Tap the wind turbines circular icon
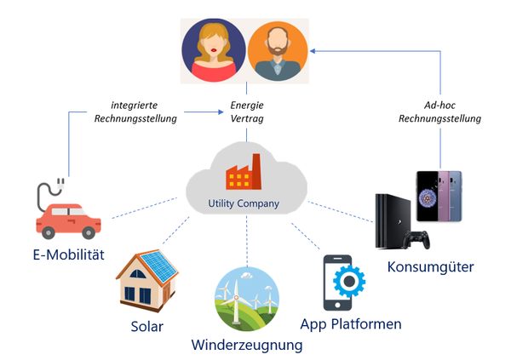(247, 299)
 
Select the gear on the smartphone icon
(351, 282)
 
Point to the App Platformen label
(351, 324)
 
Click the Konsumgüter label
(431, 267)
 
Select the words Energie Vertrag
(246, 112)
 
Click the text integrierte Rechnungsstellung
(137, 112)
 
